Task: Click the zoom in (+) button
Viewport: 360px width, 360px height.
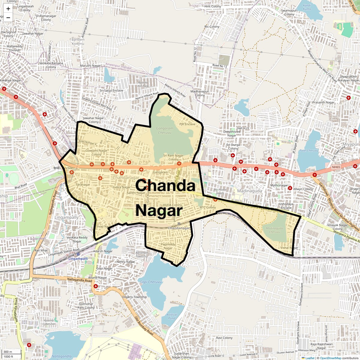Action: [x=8, y=9]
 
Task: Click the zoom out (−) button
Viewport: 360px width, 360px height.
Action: [x=8, y=17]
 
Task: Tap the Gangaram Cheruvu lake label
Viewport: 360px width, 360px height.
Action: [x=165, y=130]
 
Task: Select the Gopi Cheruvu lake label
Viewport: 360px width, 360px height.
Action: [x=151, y=282]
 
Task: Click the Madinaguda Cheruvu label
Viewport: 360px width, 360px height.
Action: [x=274, y=230]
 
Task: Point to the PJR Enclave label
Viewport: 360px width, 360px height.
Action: [x=187, y=124]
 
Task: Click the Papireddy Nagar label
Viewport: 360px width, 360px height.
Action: [x=168, y=246]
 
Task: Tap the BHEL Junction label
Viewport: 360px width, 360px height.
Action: [x=63, y=168]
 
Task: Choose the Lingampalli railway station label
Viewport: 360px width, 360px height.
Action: [x=78, y=259]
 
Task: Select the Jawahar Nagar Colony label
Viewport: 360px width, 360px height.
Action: [x=93, y=120]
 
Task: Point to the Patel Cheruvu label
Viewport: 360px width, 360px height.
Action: [x=309, y=151]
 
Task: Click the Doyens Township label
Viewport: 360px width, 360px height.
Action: [x=134, y=297]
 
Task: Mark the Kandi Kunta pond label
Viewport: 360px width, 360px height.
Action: [x=307, y=7]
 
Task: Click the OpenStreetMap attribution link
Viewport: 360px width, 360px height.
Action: [x=330, y=358]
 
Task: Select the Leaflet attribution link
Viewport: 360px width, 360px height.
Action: [x=310, y=358]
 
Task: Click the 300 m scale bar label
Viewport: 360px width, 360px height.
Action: [x=8, y=352]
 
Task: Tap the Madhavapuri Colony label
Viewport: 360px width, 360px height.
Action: [x=200, y=93]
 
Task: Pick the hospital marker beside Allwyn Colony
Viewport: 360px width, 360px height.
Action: [x=290, y=188]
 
